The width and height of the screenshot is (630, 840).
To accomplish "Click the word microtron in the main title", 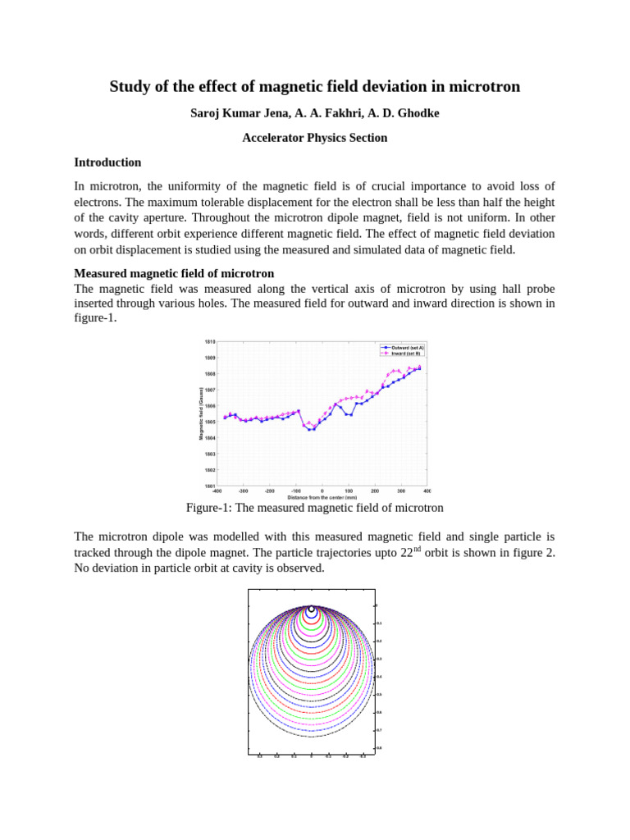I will click(x=483, y=87).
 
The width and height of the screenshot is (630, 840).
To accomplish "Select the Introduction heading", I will click(x=107, y=162).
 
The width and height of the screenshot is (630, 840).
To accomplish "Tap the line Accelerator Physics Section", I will click(x=314, y=138).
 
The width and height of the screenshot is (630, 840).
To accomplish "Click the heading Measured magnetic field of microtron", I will click(x=174, y=273).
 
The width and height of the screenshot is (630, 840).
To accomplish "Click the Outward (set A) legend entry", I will click(x=407, y=348).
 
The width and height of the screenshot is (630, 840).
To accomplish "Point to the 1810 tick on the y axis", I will click(x=210, y=341).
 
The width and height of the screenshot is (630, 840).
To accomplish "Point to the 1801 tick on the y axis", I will click(x=210, y=486).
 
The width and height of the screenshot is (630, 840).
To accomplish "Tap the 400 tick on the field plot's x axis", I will click(x=427, y=491).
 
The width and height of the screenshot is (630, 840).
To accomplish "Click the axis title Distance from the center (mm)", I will click(x=322, y=498).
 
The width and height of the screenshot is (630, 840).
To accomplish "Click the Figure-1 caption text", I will click(x=314, y=509).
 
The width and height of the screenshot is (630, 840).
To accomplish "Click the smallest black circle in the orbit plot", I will click(x=312, y=609).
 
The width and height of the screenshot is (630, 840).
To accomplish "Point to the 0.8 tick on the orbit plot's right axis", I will click(x=379, y=747).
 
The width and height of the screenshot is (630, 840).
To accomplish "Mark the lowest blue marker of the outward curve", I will click(x=312, y=429).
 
